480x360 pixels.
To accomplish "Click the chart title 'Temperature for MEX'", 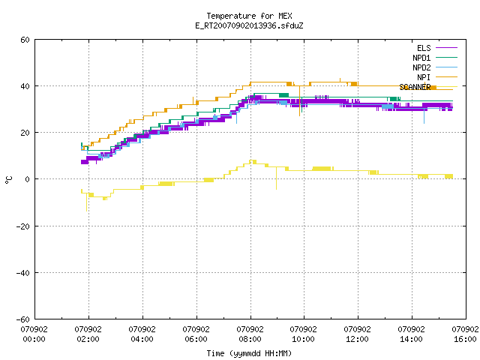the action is coord(249,16).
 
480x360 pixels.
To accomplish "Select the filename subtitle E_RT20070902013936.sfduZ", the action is coord(249,25).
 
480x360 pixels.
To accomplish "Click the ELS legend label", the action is coord(424,48).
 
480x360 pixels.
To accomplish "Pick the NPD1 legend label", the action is coord(421,58).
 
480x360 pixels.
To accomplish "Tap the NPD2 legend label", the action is coord(421,67).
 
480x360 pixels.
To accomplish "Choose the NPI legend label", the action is coord(424,77).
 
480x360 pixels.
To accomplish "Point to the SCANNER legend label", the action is coord(415,87).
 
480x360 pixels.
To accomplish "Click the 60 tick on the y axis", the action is coord(25,40).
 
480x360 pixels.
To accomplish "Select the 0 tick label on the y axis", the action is coord(28,179).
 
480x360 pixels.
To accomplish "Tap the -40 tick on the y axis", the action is coord(23,273).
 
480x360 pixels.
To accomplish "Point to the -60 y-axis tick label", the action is coord(23,319).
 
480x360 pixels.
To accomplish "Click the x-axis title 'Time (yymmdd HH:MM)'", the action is coord(249,353).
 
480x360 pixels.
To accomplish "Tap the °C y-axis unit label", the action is coord(8,180).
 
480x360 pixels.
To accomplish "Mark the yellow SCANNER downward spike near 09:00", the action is coord(277,178).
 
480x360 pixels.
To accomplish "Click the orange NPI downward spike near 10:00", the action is coord(300,100).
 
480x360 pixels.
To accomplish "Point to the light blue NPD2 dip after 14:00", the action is coord(424,115).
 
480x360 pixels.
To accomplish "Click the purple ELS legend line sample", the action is coord(446,48).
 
